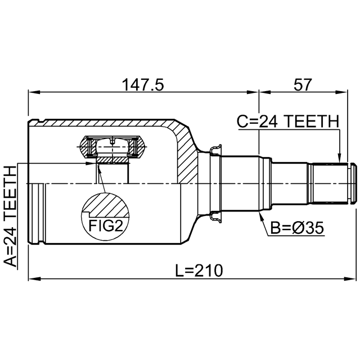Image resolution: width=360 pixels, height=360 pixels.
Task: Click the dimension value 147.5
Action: pos(143,84)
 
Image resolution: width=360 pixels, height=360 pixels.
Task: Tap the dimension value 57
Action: pos(303,84)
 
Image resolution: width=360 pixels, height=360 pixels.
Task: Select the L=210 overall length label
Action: pos(199,271)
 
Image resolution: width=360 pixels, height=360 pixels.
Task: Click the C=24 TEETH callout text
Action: pos(288,121)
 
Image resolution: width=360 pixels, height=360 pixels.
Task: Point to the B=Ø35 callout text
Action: pos(297,228)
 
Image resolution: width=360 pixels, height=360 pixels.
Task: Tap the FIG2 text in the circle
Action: pos(105,226)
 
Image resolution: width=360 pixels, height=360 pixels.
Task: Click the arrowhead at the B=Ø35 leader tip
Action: pos(260,216)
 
